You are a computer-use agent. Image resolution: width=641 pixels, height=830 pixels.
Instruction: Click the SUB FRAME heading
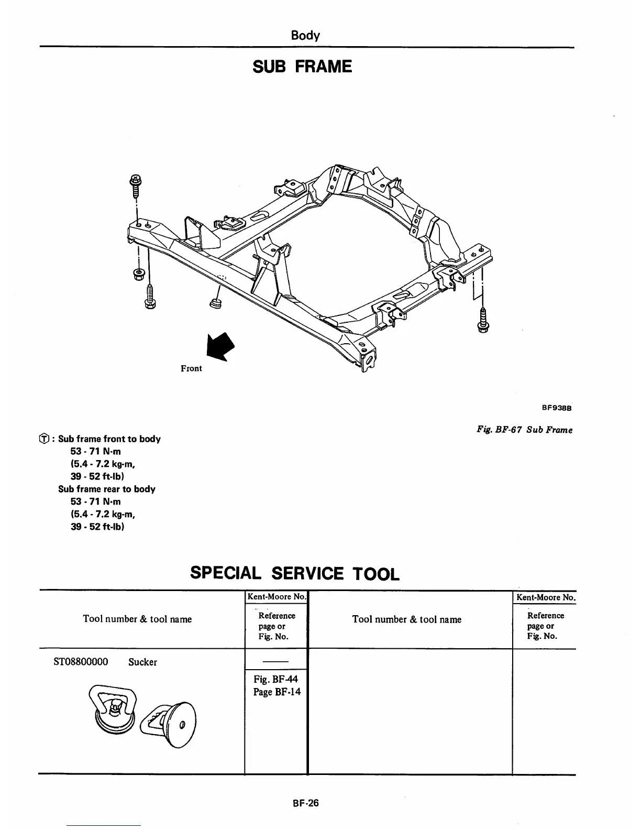tap(302, 67)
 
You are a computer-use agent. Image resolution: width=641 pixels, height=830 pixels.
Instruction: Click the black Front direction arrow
tap(220, 346)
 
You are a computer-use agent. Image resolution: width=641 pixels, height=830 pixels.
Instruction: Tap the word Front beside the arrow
tap(191, 368)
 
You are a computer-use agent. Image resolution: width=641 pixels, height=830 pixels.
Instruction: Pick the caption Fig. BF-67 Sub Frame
tap(524, 430)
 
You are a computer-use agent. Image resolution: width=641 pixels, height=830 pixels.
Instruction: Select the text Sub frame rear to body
tap(106, 489)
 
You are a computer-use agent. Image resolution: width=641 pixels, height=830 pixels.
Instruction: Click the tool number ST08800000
tap(81, 662)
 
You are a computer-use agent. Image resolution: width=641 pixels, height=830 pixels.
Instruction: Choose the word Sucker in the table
tap(142, 662)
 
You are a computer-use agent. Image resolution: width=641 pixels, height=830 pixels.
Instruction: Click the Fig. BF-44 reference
tap(275, 679)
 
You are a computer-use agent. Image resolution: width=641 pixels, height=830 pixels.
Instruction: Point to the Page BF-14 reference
tap(277, 692)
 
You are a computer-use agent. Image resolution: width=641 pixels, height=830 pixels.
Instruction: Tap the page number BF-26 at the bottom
tap(306, 802)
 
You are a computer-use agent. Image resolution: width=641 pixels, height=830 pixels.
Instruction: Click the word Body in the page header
tap(305, 35)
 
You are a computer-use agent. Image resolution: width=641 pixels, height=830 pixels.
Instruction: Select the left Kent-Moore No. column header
tap(276, 597)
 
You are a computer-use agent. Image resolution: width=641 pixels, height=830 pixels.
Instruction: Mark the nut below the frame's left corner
tap(139, 274)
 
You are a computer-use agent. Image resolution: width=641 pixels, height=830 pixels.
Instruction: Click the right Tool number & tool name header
tap(407, 619)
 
